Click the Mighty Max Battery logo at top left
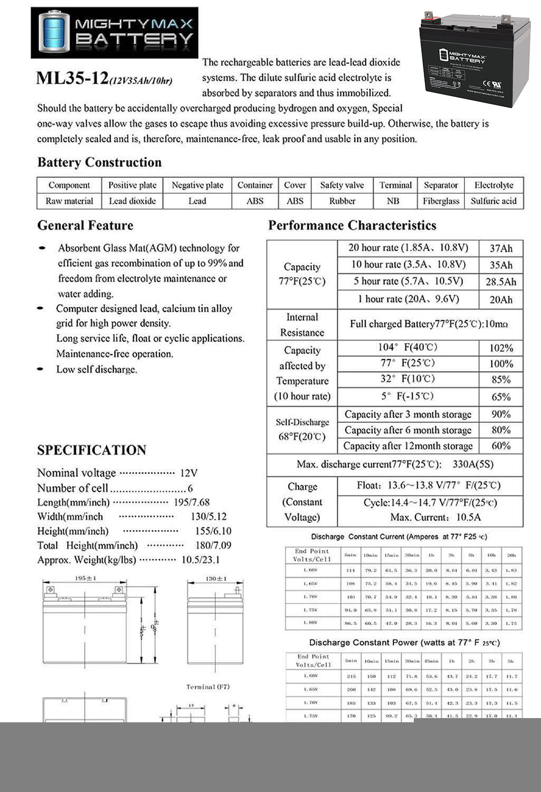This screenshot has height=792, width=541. [x=115, y=32]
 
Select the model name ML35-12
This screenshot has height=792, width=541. [x=72, y=78]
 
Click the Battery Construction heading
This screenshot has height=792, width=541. [x=99, y=162]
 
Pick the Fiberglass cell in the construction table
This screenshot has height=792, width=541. [x=441, y=201]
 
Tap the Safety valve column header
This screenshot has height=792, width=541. [x=341, y=185]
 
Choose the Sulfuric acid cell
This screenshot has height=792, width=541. [x=493, y=201]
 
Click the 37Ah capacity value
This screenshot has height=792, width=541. [x=500, y=249]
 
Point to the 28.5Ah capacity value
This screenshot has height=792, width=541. [x=500, y=282]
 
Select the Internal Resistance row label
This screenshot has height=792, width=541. [x=302, y=325]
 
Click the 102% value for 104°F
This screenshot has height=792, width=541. [x=500, y=348]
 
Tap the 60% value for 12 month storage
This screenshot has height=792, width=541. [x=500, y=446]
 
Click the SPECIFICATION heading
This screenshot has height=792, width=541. [x=92, y=450]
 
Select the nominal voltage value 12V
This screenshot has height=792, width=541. [x=188, y=473]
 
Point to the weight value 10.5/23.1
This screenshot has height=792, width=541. [x=201, y=560]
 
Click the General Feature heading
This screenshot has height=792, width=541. [x=85, y=225]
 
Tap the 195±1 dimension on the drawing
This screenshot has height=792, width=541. [x=85, y=579]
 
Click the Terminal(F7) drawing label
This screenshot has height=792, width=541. [x=208, y=687]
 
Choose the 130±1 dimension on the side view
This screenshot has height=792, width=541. [x=215, y=579]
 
